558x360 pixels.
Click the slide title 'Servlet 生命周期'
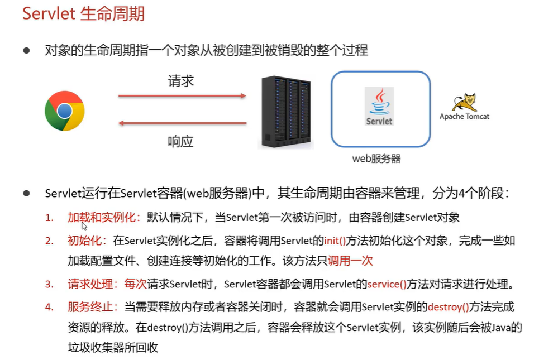(83, 13)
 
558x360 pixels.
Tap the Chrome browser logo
(64, 111)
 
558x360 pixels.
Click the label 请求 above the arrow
(181, 81)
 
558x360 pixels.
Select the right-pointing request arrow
(182, 96)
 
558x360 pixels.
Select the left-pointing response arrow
(182, 124)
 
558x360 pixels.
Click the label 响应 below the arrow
(181, 141)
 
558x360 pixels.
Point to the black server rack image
(285, 113)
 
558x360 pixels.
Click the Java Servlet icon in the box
(379, 106)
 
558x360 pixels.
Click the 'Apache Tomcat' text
(464, 117)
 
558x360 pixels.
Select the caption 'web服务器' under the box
(376, 159)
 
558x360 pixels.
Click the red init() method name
(335, 241)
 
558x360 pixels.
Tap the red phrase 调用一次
(350, 260)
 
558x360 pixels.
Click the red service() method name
(387, 284)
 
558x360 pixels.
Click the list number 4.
(50, 306)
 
